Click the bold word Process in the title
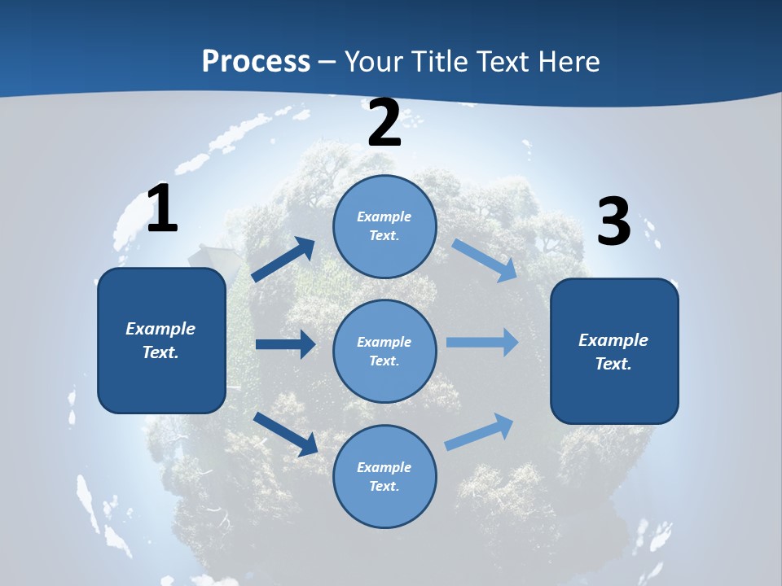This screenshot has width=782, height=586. [x=256, y=61]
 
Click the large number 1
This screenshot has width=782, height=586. [x=162, y=209]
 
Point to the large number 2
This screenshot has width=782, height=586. [x=384, y=124]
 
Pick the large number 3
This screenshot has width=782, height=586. [x=613, y=222]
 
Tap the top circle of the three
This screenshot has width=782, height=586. [x=384, y=226]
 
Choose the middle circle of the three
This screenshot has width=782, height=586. [x=384, y=351]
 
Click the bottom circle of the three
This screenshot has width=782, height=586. [x=384, y=476]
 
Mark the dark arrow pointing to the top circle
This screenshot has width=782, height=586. [x=284, y=260]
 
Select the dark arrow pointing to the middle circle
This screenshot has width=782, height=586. [x=285, y=344]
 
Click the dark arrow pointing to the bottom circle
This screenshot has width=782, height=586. [x=286, y=433]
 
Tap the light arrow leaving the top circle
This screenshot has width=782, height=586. [x=484, y=260]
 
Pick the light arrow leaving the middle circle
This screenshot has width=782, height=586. [x=482, y=342]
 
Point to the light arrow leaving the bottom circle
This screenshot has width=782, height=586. [x=479, y=431]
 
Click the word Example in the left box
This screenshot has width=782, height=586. [x=160, y=329]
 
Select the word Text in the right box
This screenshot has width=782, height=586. [x=613, y=364]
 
